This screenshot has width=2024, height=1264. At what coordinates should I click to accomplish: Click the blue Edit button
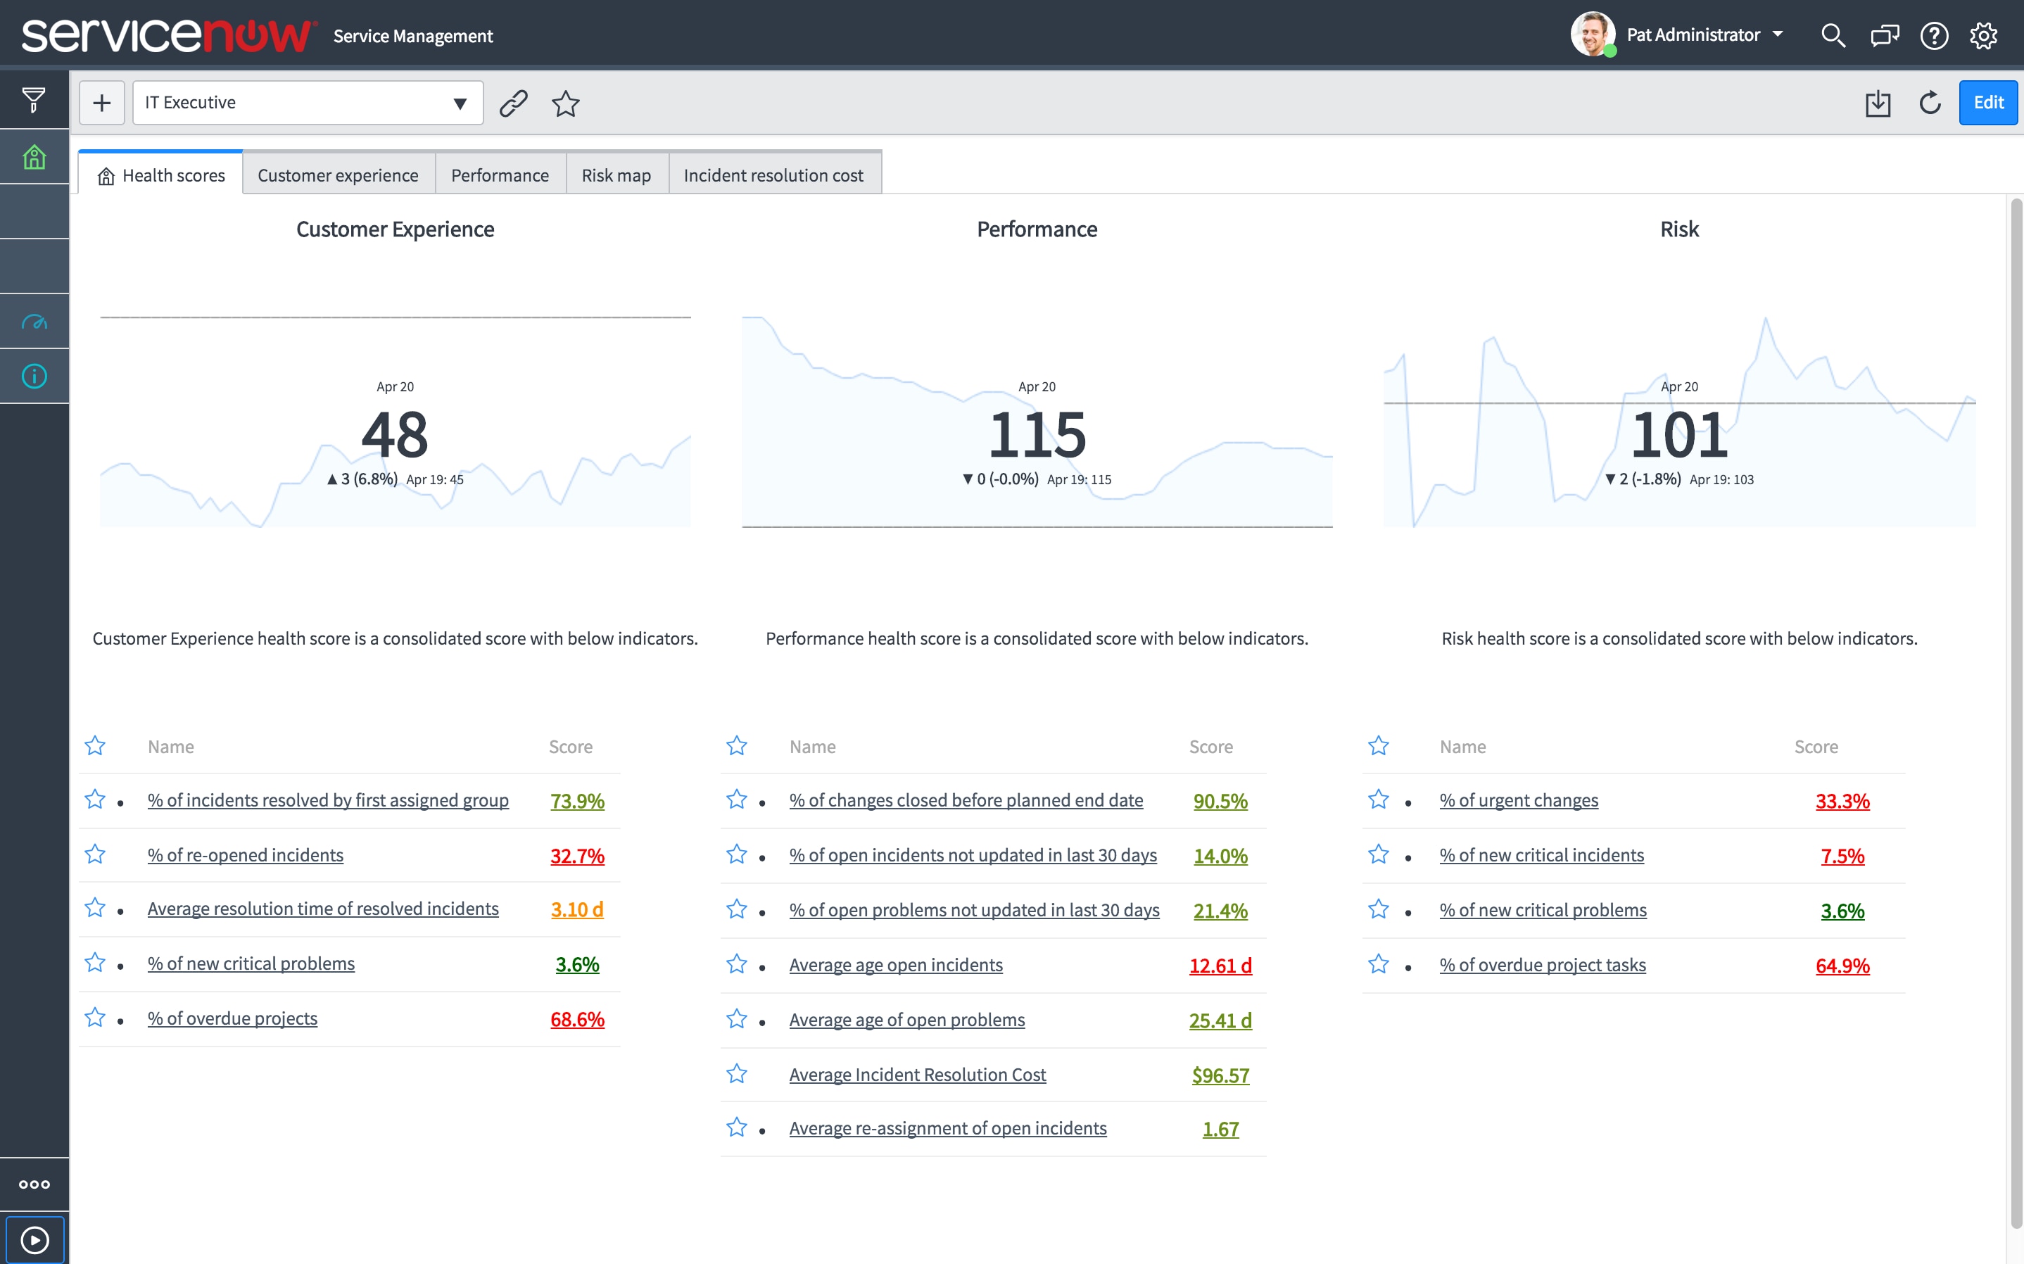[x=1987, y=103]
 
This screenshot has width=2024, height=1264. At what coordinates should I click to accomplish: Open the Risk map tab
[x=616, y=175]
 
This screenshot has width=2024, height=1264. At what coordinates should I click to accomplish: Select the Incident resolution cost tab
[x=773, y=175]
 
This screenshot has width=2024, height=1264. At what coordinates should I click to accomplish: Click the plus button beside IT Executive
[x=102, y=103]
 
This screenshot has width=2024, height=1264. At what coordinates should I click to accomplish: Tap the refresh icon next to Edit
[x=1930, y=103]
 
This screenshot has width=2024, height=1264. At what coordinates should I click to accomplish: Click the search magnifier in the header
[x=1833, y=36]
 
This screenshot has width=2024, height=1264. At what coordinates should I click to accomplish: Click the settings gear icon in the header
[x=1983, y=36]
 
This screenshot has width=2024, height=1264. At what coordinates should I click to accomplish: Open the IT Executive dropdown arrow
[x=460, y=103]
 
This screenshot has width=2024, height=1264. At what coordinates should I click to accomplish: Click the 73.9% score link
[x=576, y=801]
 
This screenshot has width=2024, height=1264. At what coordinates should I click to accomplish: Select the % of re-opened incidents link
[x=245, y=855]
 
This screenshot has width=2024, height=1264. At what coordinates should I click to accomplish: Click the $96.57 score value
[x=1220, y=1075]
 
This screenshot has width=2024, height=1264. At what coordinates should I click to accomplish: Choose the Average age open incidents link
[x=895, y=965]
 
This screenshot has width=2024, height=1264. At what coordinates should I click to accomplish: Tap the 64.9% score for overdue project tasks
[x=1842, y=966]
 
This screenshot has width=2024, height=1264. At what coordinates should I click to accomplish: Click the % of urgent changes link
[x=1519, y=800]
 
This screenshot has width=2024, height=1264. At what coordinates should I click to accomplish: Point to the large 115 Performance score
[x=1037, y=436]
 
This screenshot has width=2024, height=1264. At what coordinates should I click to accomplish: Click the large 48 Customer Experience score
[x=394, y=436]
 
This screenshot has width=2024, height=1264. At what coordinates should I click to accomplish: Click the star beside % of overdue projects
[x=95, y=1018]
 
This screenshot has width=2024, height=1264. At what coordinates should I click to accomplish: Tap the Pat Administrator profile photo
[x=1592, y=34]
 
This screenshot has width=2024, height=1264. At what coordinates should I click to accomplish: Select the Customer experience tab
[x=338, y=175]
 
